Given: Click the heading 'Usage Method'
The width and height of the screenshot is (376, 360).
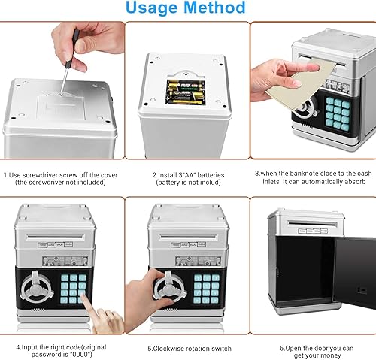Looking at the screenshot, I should point(185,9).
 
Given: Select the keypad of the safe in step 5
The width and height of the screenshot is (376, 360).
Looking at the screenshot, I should point(205,285).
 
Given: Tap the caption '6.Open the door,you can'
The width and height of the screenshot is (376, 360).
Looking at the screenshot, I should point(314,347).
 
